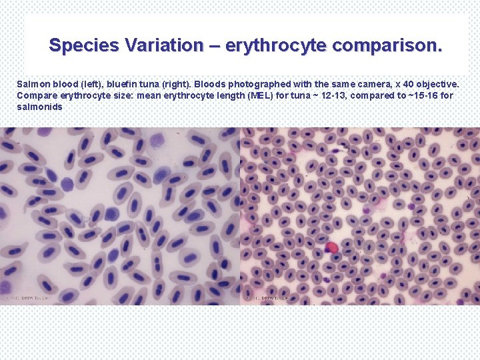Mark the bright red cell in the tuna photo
(332, 249)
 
